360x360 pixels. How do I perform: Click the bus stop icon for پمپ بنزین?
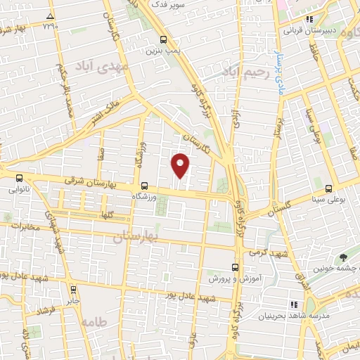click(x=163, y=40)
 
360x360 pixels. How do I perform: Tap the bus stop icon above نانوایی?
click(x=19, y=179)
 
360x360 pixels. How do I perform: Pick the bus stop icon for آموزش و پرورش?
click(x=236, y=267)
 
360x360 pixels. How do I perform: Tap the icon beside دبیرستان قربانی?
click(x=309, y=21)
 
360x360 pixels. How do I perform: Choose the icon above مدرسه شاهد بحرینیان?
click(x=293, y=304)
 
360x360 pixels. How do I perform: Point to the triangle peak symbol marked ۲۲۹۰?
click(x=50, y=16)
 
